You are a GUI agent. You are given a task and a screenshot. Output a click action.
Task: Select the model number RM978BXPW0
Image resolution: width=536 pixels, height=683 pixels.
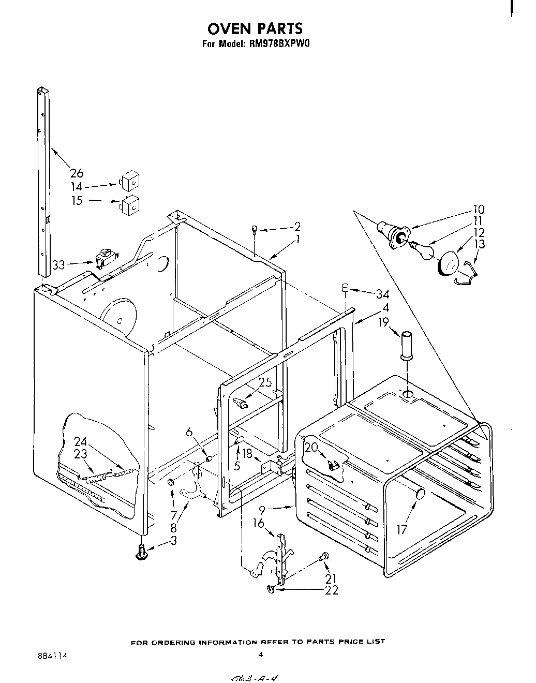(279, 44)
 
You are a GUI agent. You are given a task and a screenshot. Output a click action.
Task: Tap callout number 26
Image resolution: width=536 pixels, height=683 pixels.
(77, 173)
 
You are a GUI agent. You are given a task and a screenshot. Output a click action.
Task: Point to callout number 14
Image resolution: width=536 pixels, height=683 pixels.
(77, 187)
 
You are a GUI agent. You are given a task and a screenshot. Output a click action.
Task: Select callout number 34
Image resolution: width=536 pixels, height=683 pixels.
(382, 294)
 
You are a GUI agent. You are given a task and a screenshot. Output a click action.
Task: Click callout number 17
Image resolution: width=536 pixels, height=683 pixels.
(402, 529)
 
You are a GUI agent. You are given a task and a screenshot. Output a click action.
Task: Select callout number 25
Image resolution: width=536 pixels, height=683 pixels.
(265, 382)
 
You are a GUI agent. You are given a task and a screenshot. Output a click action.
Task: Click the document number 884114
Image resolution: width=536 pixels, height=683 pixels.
(52, 655)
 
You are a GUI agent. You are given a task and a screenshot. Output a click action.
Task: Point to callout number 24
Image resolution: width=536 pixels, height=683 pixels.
(80, 441)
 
